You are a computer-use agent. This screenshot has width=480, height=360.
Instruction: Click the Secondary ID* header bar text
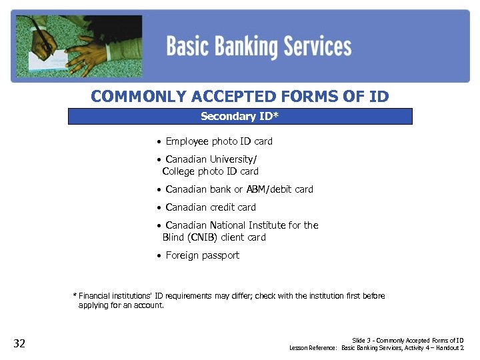tap(240, 117)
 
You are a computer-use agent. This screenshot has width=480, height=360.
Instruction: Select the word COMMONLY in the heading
tap(139, 97)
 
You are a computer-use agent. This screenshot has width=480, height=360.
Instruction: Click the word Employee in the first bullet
tap(187, 141)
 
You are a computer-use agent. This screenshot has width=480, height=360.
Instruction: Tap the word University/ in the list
tap(234, 159)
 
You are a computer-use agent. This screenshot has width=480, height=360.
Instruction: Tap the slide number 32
tap(19, 343)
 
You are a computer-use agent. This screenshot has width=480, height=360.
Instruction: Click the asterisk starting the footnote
tap(75, 296)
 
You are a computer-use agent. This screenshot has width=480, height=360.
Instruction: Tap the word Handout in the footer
tap(448, 348)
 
